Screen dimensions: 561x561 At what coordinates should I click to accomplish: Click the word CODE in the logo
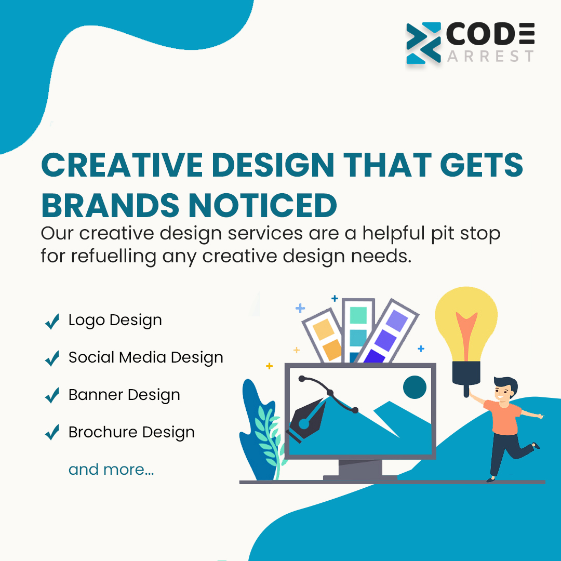(x=490, y=35)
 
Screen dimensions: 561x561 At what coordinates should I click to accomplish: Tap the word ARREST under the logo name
(x=490, y=56)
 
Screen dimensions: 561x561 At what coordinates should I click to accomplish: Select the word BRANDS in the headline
(x=109, y=205)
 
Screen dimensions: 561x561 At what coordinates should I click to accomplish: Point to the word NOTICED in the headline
(x=262, y=205)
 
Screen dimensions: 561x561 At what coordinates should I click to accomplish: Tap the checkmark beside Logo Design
(x=52, y=322)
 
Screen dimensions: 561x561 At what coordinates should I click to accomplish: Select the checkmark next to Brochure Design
(x=52, y=433)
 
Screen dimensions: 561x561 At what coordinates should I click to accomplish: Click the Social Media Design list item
(x=145, y=357)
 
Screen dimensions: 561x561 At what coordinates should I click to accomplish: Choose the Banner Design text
(x=124, y=395)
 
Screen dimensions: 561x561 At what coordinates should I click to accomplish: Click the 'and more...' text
(x=111, y=470)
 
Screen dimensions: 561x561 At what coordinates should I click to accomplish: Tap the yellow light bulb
(x=465, y=322)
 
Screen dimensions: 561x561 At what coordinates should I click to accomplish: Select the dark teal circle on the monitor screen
(x=415, y=387)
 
